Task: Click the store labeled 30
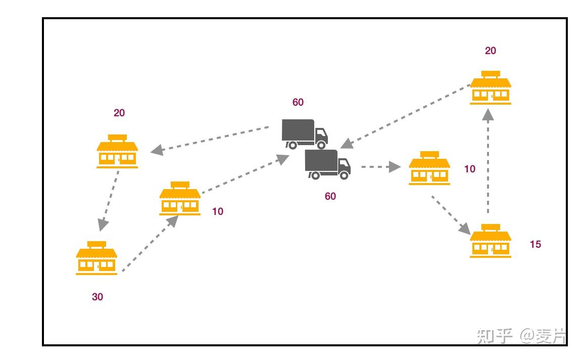[x=96, y=258]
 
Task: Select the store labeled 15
[x=490, y=241]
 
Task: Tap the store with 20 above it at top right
[x=490, y=88]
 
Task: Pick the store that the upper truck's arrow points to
[x=117, y=151]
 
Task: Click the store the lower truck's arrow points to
[x=429, y=168]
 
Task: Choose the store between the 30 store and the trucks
[x=180, y=199]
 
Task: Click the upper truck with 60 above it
[x=304, y=133]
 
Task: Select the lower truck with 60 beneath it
[x=327, y=164]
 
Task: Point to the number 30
[x=98, y=297]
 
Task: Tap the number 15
[x=535, y=244]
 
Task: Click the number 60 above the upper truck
[x=298, y=102]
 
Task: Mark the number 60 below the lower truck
[x=330, y=196]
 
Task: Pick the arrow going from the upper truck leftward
[x=210, y=139]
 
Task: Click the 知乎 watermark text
[x=495, y=336]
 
